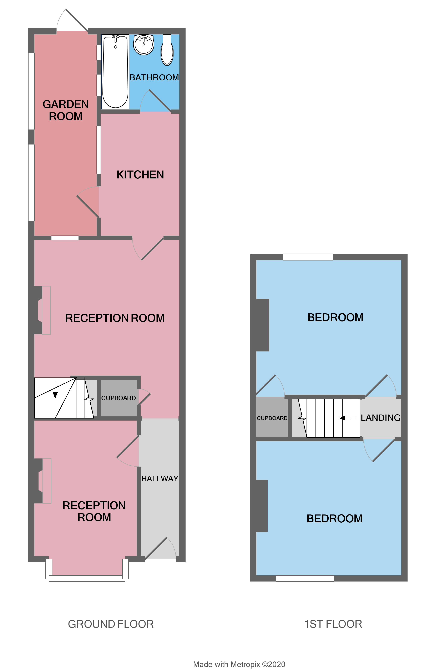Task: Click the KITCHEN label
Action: (x=140, y=175)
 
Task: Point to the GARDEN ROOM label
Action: (x=66, y=110)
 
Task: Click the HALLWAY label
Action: (x=160, y=478)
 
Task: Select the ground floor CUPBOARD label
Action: (x=118, y=398)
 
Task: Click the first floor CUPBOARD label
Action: (x=272, y=418)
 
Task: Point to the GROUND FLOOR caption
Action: (x=111, y=624)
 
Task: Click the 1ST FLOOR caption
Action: (x=333, y=624)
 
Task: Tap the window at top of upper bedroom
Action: (x=308, y=257)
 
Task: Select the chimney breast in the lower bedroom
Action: (x=262, y=506)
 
